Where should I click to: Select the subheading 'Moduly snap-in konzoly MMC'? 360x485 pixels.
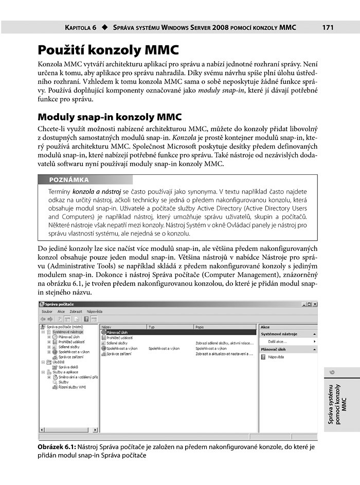point(110,117)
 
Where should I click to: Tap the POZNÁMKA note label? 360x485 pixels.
point(69,180)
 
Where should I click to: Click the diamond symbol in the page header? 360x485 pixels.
point(104,27)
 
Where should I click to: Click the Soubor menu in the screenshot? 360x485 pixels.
point(47,312)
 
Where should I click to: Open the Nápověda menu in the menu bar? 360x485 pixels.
point(95,312)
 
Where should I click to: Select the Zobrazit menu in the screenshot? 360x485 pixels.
point(76,312)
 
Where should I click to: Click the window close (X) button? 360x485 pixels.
point(314,304)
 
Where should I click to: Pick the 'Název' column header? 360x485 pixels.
point(107,327)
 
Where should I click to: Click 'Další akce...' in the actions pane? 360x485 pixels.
point(278,341)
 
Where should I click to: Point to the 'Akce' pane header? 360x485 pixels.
point(265,327)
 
